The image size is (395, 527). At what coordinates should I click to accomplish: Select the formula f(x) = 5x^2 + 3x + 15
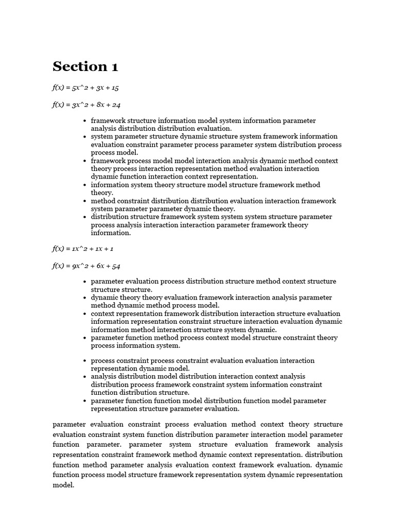pyautogui.click(x=85, y=88)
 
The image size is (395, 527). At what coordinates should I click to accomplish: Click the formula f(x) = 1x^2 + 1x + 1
pyautogui.click(x=83, y=249)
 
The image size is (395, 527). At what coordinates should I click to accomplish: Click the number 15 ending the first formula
pyautogui.click(x=114, y=88)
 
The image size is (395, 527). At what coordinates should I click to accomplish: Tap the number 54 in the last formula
pyautogui.click(x=116, y=266)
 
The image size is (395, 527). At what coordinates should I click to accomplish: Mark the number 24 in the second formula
pyautogui.click(x=116, y=105)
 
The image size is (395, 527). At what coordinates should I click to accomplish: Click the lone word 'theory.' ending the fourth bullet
pyautogui.click(x=102, y=193)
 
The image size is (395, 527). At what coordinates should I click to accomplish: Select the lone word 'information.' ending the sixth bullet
pyautogui.click(x=111, y=233)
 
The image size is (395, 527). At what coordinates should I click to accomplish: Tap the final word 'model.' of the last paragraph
pyautogui.click(x=64, y=485)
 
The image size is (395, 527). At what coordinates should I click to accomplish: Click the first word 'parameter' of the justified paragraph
pyautogui.click(x=69, y=425)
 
